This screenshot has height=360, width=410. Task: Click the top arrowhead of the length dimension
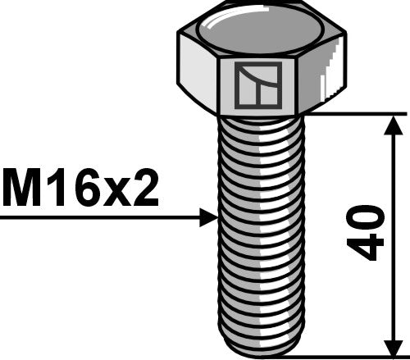click(394, 124)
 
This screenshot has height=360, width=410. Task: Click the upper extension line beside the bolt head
click(353, 113)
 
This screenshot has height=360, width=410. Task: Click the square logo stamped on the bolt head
click(257, 86)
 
